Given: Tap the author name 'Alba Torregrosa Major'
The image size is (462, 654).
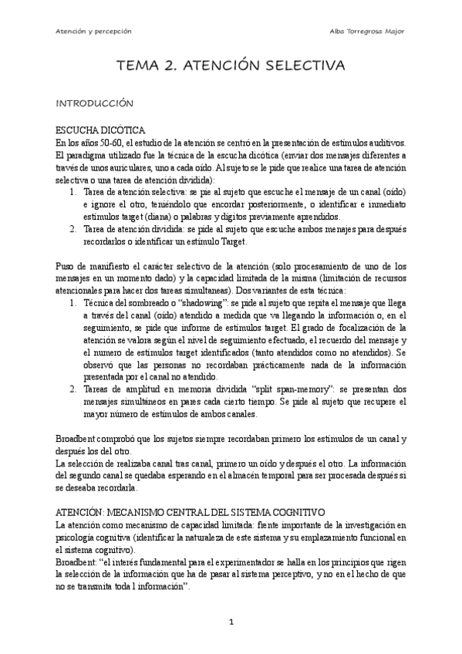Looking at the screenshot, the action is coord(367,32).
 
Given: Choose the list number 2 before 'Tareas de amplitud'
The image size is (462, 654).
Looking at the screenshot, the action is coord(73,390).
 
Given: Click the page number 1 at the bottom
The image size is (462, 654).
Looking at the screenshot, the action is coord(231,622).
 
